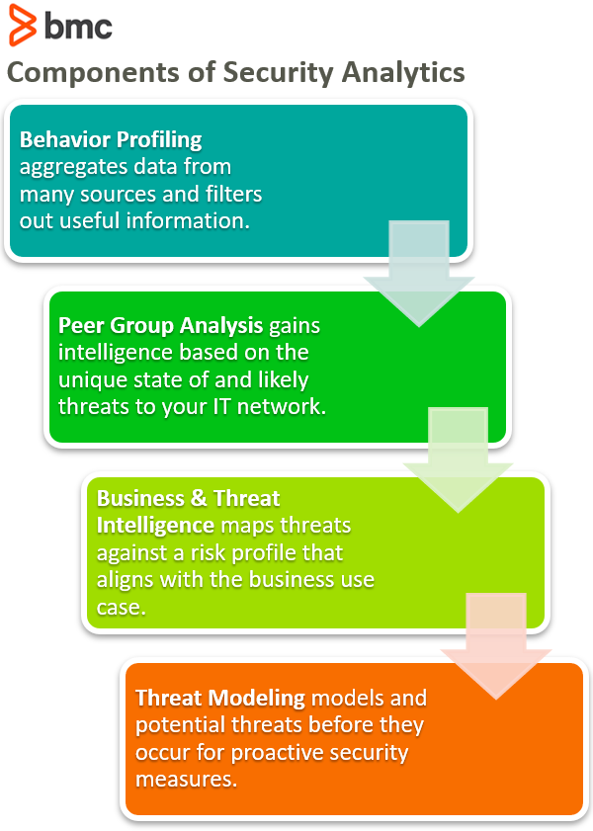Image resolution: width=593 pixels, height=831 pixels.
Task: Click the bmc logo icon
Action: pyautogui.click(x=21, y=27)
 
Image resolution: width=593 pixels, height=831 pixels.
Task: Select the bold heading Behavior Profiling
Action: pyautogui.click(x=111, y=138)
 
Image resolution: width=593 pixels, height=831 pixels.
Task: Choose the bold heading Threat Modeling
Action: pyautogui.click(x=220, y=698)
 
